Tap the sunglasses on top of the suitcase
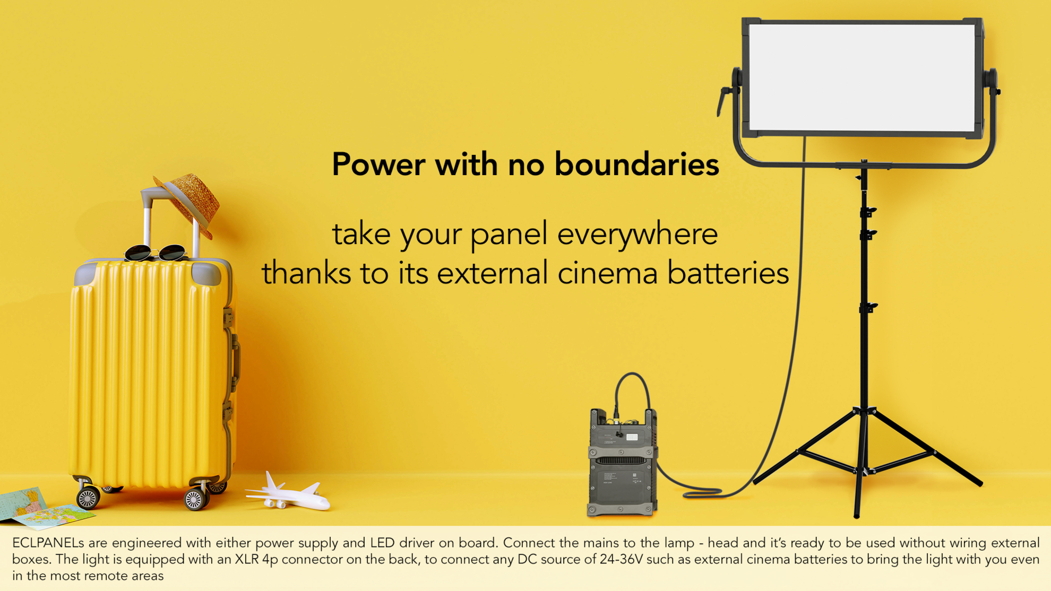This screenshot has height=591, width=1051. [x=155, y=253]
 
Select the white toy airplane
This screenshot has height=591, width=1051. [x=288, y=493]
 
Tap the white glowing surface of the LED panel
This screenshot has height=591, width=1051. [x=862, y=77]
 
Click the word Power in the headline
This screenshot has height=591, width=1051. [x=378, y=164]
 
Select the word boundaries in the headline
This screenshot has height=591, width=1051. [x=637, y=164]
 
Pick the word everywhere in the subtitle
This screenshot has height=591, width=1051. [x=638, y=235]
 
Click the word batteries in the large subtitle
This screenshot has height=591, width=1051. [x=728, y=273]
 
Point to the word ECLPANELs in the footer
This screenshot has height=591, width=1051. [x=48, y=543]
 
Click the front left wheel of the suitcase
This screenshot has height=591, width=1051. [x=88, y=498]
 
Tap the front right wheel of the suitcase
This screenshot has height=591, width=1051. [x=195, y=499]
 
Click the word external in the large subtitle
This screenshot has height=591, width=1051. [x=492, y=273]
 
